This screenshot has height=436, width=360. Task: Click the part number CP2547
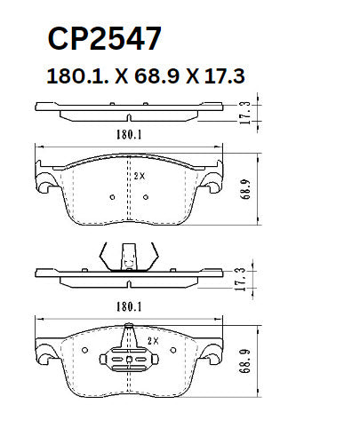tap(103, 39)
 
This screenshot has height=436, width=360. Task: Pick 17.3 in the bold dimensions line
tap(222, 77)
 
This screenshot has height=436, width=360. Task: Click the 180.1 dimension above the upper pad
tap(130, 136)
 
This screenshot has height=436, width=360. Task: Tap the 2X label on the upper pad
tap(139, 176)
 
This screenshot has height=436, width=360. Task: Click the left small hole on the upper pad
tap(110, 197)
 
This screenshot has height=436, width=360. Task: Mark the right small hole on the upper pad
tap(154, 197)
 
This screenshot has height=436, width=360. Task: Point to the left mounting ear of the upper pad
tap(42, 182)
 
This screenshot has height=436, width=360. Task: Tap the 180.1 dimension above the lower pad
tap(130, 307)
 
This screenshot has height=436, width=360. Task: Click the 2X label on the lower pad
tap(152, 340)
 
